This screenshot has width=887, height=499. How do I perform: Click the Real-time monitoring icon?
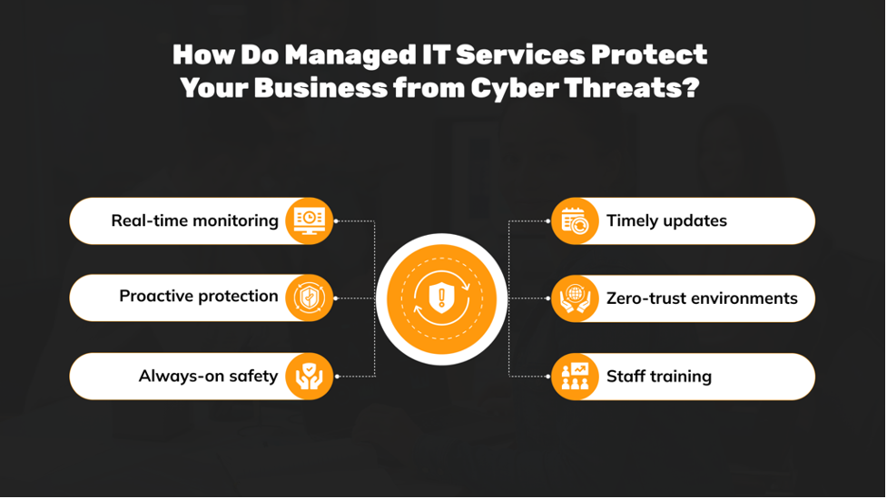coord(309,220)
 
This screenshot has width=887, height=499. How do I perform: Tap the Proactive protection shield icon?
coord(309,298)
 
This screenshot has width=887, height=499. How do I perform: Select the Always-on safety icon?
coord(309,376)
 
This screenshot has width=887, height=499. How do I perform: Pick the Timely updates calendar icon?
coord(575,220)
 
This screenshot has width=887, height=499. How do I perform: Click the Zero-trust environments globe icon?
coord(575,298)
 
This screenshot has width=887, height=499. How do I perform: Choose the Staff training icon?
coord(575,376)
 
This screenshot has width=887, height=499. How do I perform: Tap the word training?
coord(680,376)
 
